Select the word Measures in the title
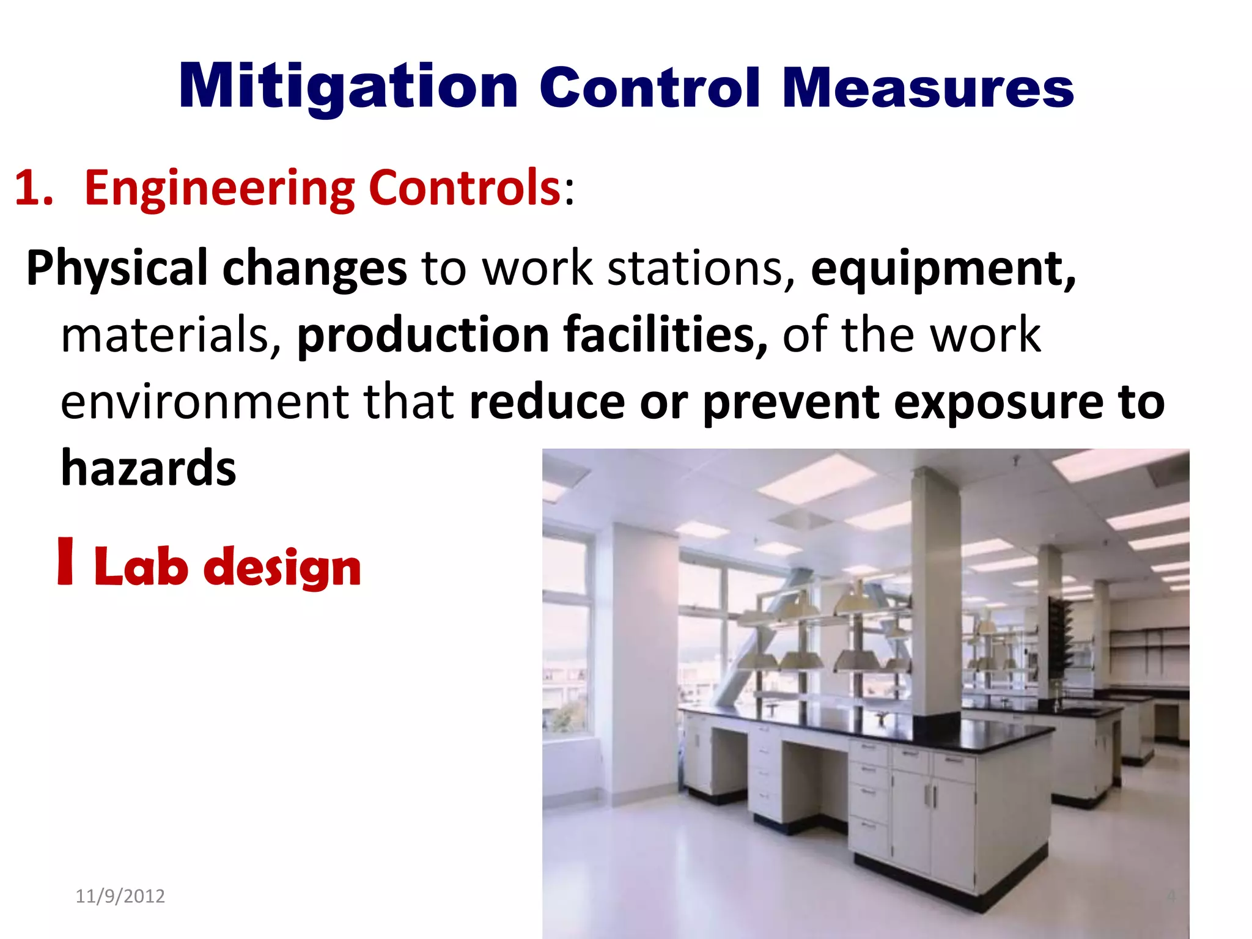click(x=927, y=88)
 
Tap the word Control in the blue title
click(x=650, y=88)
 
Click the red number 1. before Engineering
click(x=34, y=188)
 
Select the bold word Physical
click(x=117, y=268)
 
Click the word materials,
click(x=171, y=334)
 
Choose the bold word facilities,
click(x=665, y=334)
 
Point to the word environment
click(x=205, y=402)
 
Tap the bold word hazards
click(x=149, y=468)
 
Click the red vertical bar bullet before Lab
click(x=65, y=561)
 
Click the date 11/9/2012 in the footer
click(x=120, y=896)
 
